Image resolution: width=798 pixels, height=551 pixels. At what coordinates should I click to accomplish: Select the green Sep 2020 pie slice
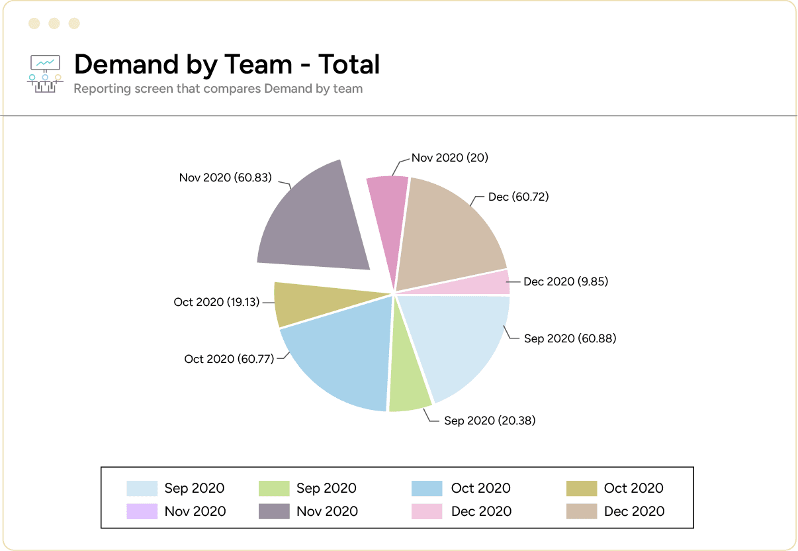coord(408,384)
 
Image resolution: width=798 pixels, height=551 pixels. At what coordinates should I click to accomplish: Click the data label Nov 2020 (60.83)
coord(225,177)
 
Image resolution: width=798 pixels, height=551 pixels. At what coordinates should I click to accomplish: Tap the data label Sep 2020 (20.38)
coord(490,421)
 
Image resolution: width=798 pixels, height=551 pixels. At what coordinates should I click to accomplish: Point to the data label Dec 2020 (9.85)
coord(566,281)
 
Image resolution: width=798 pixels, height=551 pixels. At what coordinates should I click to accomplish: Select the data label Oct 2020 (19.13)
coord(216,302)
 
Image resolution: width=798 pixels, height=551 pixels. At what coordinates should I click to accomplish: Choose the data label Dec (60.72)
coord(518,197)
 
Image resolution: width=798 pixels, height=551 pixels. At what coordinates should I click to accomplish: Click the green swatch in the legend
coord(274,489)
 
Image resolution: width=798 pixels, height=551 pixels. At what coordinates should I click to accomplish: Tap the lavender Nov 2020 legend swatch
coord(142,511)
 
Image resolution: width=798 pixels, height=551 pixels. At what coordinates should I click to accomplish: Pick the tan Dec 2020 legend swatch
coord(582,511)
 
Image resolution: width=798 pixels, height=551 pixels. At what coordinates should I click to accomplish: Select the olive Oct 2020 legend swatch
coord(582,489)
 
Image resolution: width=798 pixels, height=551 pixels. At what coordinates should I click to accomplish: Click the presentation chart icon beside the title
coord(45,74)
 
